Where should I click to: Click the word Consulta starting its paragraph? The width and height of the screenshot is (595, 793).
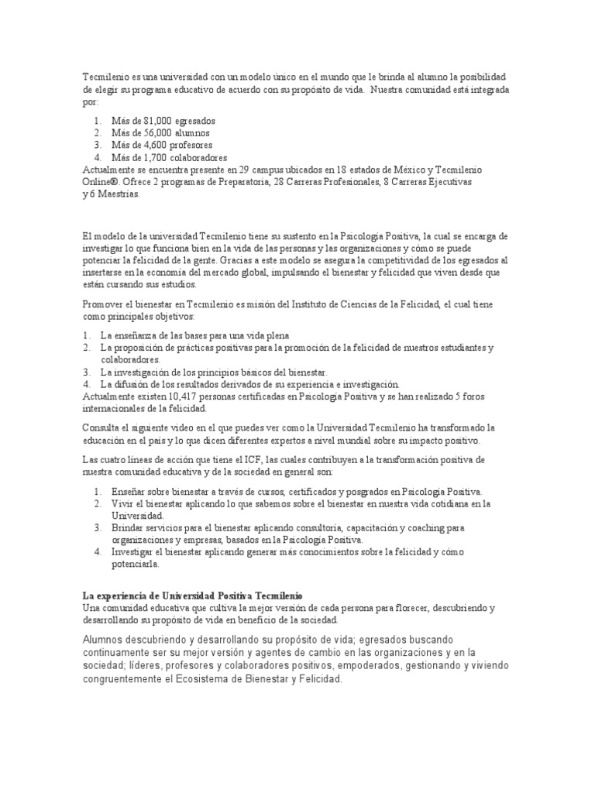click(x=100, y=427)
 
